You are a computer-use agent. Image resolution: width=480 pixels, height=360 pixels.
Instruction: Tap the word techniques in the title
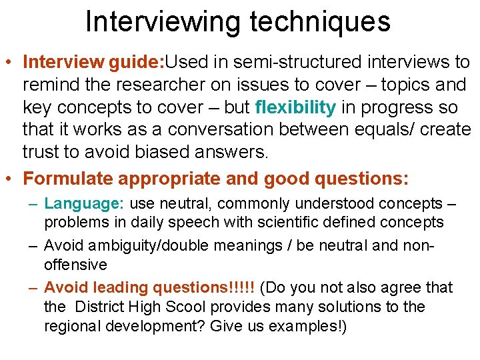tap(320, 21)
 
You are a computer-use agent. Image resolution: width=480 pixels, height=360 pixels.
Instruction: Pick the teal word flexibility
tap(295, 107)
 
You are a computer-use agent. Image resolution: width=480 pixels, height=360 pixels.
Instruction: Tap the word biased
tap(161, 152)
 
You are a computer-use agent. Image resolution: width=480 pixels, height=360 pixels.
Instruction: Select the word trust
tap(41, 152)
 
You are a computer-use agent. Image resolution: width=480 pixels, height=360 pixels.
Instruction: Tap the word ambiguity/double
tap(134, 246)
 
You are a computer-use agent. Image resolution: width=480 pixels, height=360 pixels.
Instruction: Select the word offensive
tap(75, 265)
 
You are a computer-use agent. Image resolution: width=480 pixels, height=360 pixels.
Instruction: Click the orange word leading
tap(121, 288)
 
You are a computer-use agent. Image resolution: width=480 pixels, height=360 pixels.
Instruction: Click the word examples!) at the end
tap(305, 327)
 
